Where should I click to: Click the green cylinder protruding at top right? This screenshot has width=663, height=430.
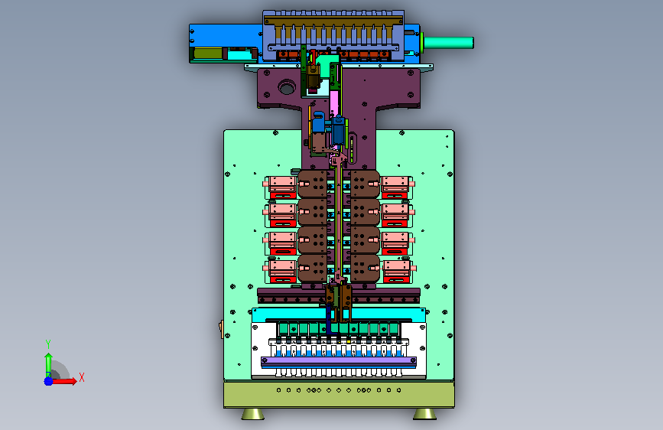point(449,43)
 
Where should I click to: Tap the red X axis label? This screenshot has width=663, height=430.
point(82,377)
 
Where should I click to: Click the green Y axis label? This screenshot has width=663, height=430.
point(48,344)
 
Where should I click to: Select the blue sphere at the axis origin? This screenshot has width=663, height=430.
point(49,381)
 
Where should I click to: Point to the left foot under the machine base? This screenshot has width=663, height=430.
point(253,414)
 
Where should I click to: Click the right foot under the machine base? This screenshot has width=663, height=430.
point(424,414)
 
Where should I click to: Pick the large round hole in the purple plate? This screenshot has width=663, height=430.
point(287,87)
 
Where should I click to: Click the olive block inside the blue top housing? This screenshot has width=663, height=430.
point(208,54)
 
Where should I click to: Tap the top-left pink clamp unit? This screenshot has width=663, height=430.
point(281,187)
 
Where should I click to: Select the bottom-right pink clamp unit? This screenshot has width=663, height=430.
point(398,272)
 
